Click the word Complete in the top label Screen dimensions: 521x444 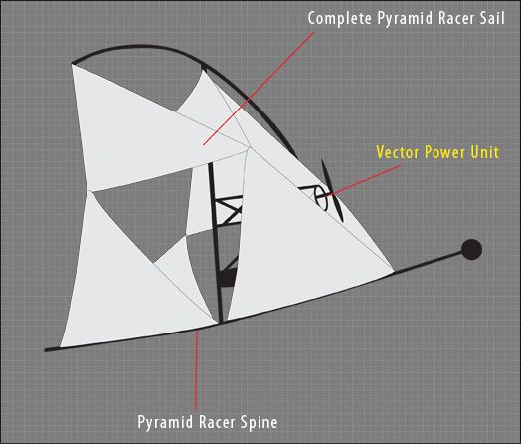(340, 18)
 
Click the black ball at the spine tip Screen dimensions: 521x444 (471, 250)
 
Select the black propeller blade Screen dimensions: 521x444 (332, 191)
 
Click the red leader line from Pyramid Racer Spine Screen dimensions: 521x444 (197, 369)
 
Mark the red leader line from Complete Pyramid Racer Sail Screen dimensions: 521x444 (259, 89)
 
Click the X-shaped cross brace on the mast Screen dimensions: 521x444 (229, 210)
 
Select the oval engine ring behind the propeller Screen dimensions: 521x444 (321, 197)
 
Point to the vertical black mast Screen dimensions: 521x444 (215, 243)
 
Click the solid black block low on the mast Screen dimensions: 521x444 (227, 277)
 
